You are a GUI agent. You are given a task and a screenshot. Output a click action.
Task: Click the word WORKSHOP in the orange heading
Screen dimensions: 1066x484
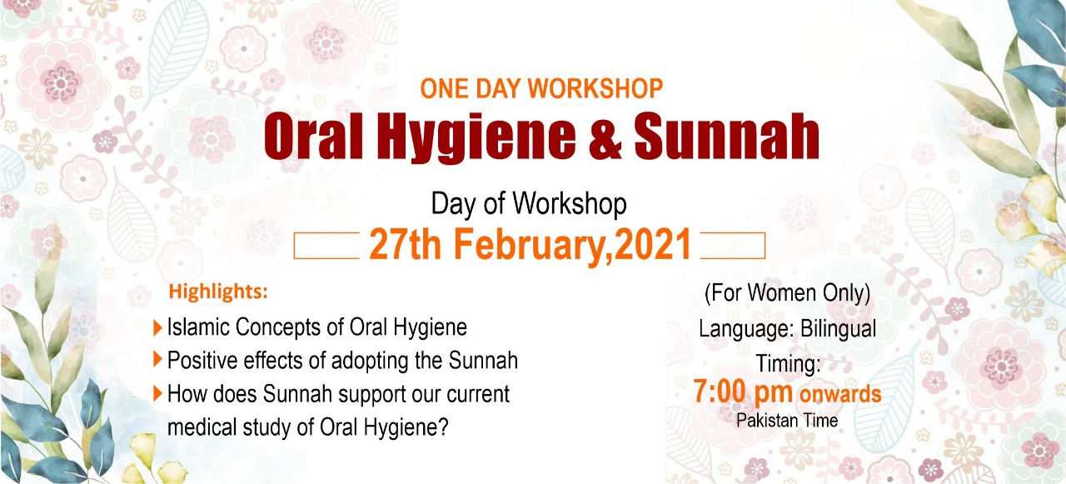pyautogui.click(x=595, y=88)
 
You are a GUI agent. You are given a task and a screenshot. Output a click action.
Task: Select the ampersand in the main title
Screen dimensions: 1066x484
pyautogui.click(x=605, y=136)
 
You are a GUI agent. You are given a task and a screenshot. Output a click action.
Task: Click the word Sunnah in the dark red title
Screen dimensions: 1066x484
pyautogui.click(x=727, y=136)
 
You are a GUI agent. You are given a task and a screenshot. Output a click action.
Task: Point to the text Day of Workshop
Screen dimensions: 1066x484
pyautogui.click(x=529, y=204)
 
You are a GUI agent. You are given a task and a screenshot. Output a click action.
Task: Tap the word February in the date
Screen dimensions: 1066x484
pyautogui.click(x=528, y=246)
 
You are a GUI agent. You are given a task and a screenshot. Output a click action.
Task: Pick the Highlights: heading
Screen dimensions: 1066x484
pyautogui.click(x=218, y=292)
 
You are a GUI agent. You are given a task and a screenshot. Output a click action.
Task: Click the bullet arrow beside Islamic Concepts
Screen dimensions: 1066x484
pyautogui.click(x=158, y=328)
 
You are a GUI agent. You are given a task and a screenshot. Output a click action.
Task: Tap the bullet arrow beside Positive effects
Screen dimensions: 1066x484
pyautogui.click(x=158, y=359)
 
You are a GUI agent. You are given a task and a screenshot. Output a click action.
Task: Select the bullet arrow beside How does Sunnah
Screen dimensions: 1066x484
pyautogui.click(x=158, y=393)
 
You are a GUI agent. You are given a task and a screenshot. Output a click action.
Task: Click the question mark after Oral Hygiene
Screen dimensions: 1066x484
pyautogui.click(x=444, y=426)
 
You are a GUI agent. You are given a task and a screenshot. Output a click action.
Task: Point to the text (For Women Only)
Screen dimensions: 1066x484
pyautogui.click(x=788, y=293)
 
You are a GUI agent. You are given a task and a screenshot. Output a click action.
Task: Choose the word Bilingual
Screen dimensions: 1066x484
pyautogui.click(x=838, y=330)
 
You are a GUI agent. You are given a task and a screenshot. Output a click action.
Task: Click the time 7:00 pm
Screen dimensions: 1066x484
pyautogui.click(x=743, y=393)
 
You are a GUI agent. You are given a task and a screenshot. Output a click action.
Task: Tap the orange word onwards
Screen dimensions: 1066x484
pyautogui.click(x=840, y=395)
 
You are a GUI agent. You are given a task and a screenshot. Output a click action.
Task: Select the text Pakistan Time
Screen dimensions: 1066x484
pyautogui.click(x=787, y=421)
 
